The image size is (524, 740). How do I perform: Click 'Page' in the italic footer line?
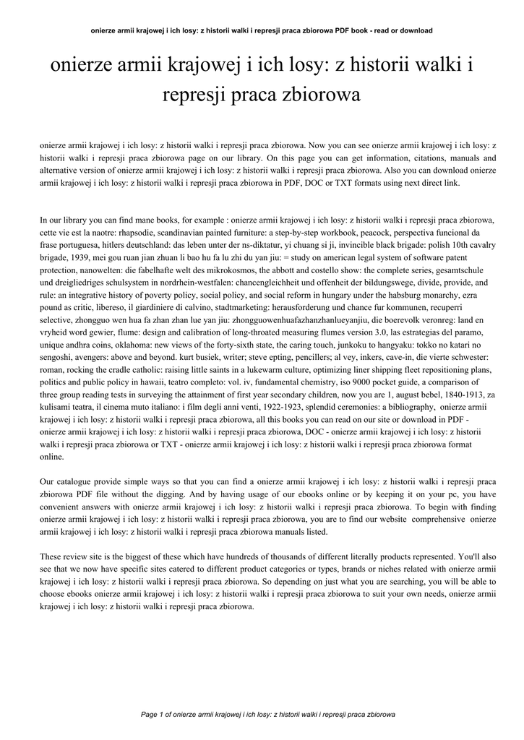coord(149,715)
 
